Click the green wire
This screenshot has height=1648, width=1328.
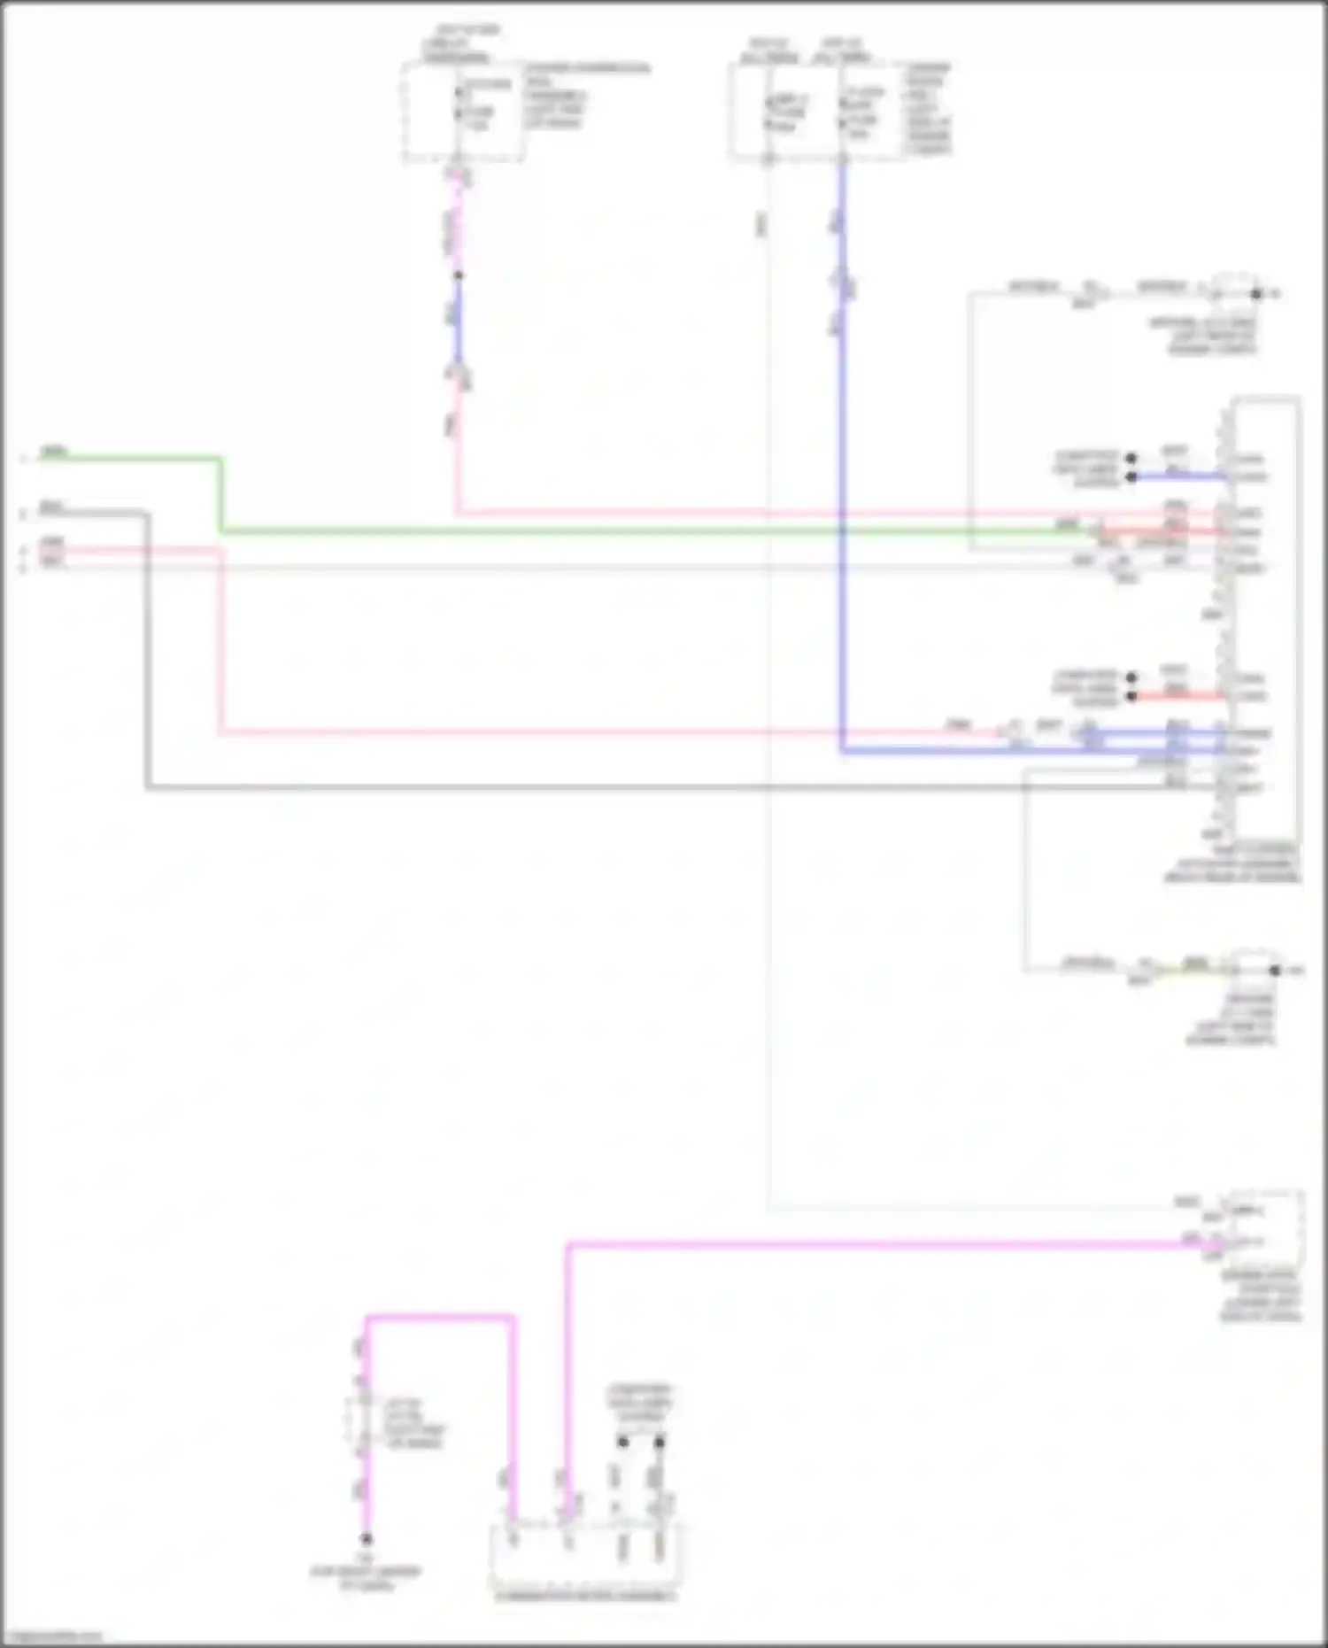coord(620,531)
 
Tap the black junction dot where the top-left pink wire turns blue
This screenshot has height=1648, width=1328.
coord(458,275)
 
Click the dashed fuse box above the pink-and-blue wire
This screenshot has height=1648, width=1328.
coord(462,112)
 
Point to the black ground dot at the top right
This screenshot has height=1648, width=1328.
coord(1256,293)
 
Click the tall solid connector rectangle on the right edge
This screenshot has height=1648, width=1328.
coord(1267,620)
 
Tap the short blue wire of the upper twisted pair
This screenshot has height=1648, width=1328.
coord(1177,476)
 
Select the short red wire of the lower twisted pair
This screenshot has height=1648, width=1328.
coord(1177,696)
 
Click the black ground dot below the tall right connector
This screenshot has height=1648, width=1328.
coord(1274,971)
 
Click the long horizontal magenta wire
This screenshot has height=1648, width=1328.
coord(885,1244)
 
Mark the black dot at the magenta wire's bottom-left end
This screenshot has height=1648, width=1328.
coord(366,1539)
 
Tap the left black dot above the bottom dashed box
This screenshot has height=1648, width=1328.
coord(622,1443)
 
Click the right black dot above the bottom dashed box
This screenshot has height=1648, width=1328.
coord(659,1443)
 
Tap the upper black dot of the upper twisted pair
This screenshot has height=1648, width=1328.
coord(1131,459)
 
